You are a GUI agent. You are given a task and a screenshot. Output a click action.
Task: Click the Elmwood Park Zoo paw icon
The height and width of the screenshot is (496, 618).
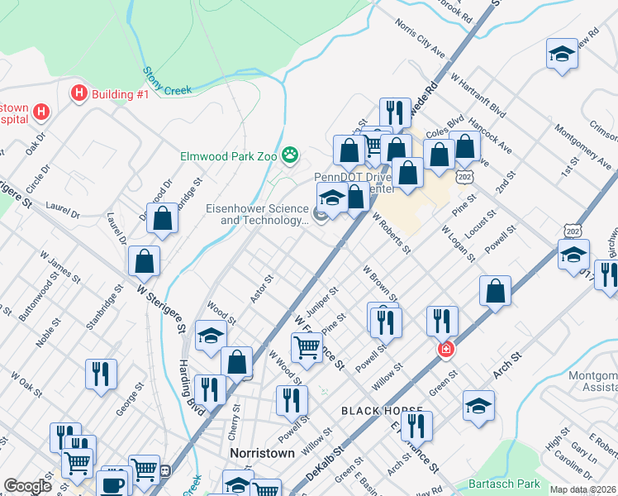(x=290, y=154)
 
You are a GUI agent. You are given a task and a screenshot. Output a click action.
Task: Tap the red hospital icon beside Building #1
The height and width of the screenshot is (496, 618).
(x=80, y=93)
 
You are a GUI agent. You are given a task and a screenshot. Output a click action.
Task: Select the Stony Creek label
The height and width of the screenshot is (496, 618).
(x=167, y=82)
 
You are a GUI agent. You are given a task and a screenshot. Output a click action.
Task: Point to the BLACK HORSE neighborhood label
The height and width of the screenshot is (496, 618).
(x=382, y=411)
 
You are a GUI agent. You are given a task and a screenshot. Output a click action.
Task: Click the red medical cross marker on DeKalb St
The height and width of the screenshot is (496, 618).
(x=446, y=350)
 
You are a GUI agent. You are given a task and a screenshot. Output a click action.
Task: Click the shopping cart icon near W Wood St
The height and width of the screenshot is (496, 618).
(x=307, y=347)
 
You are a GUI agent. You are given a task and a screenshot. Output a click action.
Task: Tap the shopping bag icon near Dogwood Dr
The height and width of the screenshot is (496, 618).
(x=163, y=219)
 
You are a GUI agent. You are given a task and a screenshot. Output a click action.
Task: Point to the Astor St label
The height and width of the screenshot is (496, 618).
(x=262, y=289)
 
